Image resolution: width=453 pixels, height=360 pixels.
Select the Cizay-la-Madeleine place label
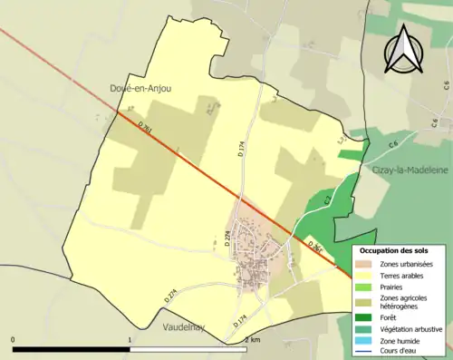pos(406,170)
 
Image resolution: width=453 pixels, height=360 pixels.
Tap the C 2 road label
pos(327,199)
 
